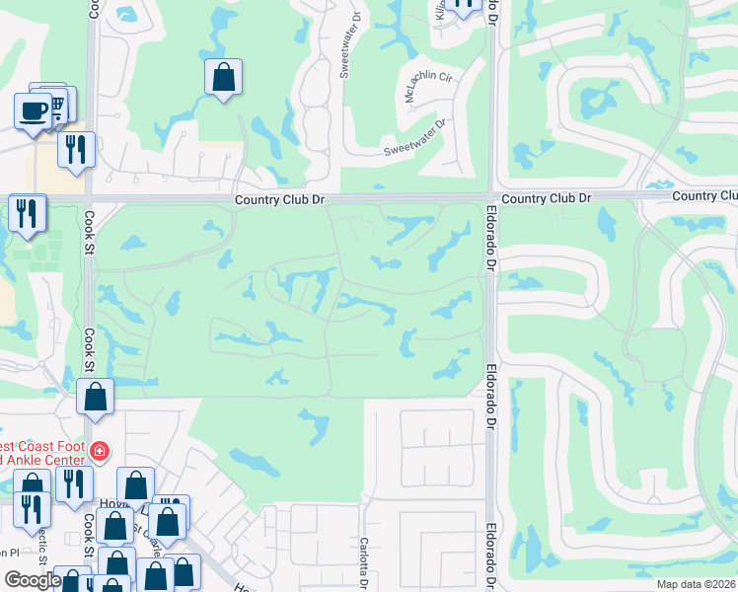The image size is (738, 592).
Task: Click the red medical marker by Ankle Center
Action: (98, 452)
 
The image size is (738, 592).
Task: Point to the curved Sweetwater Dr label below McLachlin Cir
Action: (415, 138)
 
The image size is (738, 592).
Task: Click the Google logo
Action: (33, 580)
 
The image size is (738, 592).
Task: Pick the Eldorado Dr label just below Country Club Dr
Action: (490, 243)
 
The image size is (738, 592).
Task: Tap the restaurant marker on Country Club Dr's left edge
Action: (27, 211)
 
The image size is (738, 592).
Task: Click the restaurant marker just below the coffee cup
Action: (75, 149)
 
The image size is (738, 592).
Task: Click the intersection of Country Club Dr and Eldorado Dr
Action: (490, 197)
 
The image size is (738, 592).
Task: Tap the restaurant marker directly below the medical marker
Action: (74, 483)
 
